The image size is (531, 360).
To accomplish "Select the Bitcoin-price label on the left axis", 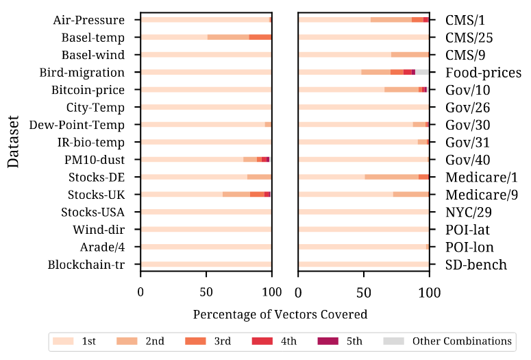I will pyautogui.click(x=88, y=90).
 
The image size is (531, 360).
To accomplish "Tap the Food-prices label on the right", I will pyautogui.click(x=483, y=73).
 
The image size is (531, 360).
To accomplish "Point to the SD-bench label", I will pyautogui.click(x=476, y=265).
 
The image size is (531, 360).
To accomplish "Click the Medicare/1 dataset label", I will pyautogui.click(x=481, y=177).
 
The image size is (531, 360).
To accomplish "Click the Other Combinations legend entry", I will pyautogui.click(x=461, y=341).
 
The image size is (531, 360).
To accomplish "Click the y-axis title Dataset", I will pyautogui.click(x=14, y=142).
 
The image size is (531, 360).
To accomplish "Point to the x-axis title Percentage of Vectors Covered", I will pyautogui.click(x=280, y=315).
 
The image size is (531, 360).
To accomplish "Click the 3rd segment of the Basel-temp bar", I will pyautogui.click(x=260, y=37).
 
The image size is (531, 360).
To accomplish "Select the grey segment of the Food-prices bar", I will pyautogui.click(x=422, y=72).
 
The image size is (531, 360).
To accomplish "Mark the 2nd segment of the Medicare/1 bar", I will pyautogui.click(x=391, y=177).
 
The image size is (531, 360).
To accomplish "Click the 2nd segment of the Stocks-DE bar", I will pyautogui.click(x=259, y=177).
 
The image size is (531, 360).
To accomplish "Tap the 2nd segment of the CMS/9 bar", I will pyautogui.click(x=410, y=54).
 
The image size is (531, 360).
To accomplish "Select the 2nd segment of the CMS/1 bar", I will pyautogui.click(x=391, y=20).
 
